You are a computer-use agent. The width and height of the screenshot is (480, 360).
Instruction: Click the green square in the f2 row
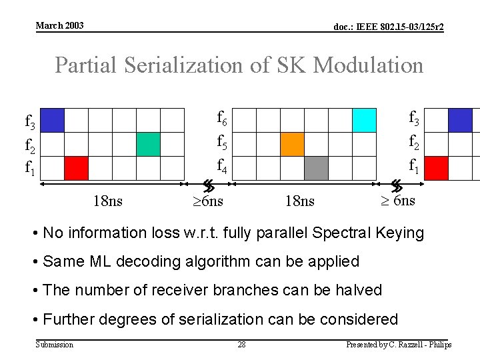(148, 144)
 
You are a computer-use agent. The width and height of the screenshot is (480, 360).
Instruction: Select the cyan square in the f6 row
(364, 120)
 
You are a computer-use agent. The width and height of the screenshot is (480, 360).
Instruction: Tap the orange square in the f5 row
(292, 144)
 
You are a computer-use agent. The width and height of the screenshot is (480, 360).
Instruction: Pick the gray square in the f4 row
(316, 168)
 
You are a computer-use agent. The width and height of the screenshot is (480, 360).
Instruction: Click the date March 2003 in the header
(59, 25)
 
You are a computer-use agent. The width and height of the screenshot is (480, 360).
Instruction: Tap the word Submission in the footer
(54, 344)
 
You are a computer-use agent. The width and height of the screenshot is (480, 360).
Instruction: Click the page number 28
(242, 344)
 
